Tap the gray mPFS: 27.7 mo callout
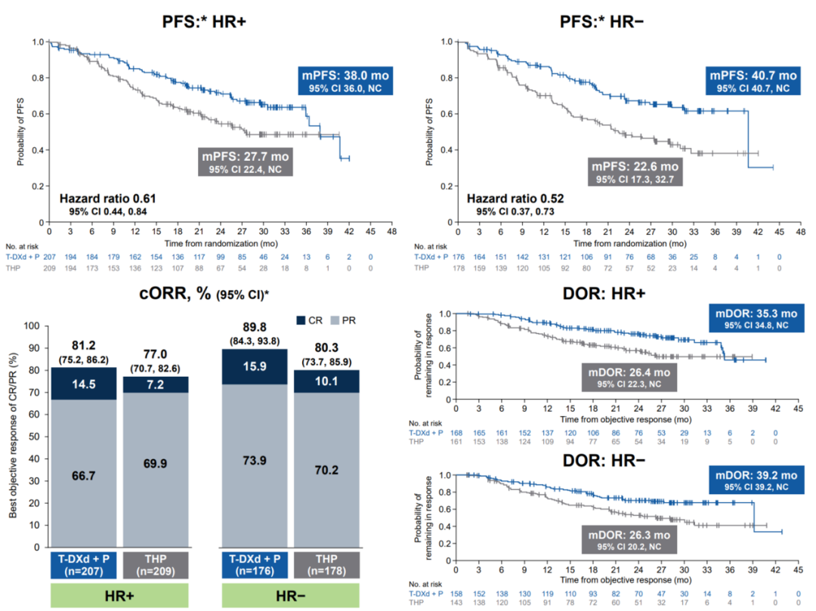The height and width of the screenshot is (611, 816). (246, 161)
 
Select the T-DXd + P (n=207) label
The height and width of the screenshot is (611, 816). (84, 566)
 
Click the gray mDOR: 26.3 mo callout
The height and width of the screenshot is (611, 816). (630, 540)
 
